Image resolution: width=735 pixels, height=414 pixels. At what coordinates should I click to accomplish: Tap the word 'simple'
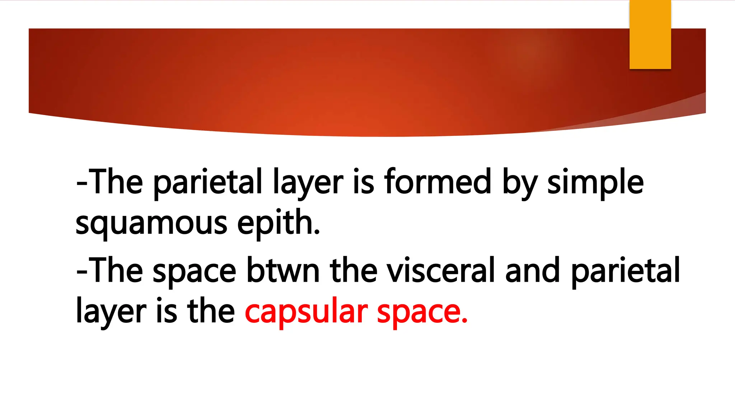pyautogui.click(x=595, y=183)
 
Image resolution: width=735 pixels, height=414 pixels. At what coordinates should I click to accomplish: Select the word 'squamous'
pyautogui.click(x=151, y=224)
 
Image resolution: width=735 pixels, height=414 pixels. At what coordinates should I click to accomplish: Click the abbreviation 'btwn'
pyautogui.click(x=283, y=270)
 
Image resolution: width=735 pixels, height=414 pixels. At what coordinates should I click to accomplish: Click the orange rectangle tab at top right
pyautogui.click(x=650, y=34)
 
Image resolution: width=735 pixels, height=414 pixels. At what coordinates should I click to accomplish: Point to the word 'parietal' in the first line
pyautogui.click(x=208, y=183)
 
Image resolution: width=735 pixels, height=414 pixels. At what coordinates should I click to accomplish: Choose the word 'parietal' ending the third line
pyautogui.click(x=625, y=270)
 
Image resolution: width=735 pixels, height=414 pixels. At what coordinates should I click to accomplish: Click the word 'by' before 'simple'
pyautogui.click(x=519, y=183)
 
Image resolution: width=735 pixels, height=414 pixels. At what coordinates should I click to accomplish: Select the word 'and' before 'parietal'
pyautogui.click(x=532, y=270)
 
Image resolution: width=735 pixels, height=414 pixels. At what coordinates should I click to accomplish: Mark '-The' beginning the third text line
pyautogui.click(x=109, y=270)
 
